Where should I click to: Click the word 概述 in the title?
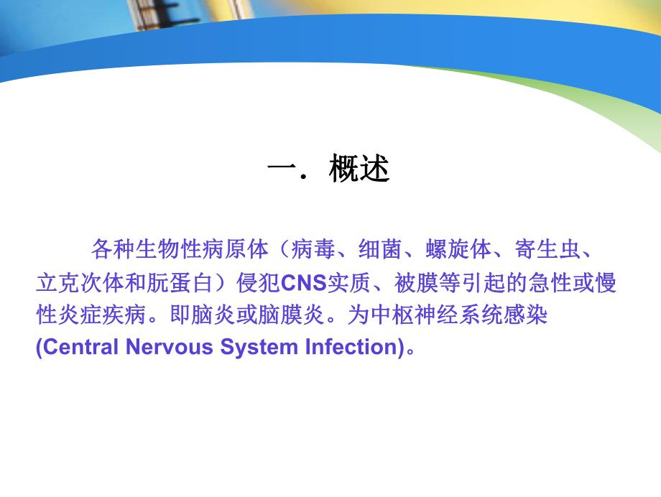(359, 171)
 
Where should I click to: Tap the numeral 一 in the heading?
(281, 171)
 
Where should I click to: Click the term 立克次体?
(80, 283)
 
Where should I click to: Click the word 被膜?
(415, 283)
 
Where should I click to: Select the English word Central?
(78, 348)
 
